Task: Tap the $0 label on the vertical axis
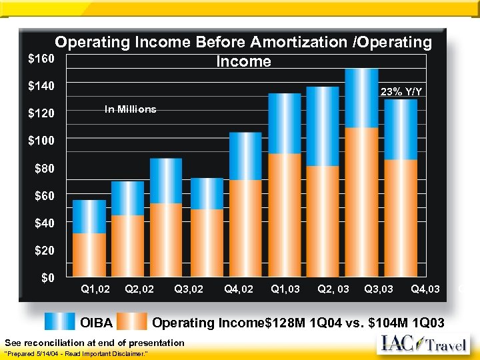pyautogui.click(x=47, y=277)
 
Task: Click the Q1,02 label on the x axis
pyautogui.click(x=95, y=289)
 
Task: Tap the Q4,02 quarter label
pyautogui.click(x=239, y=289)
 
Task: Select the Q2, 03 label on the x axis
pyautogui.click(x=333, y=289)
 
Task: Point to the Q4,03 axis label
pyautogui.click(x=425, y=289)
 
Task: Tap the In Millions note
pyautogui.click(x=130, y=109)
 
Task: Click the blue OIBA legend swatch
pyautogui.click(x=60, y=322)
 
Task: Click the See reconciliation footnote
pyautogui.click(x=94, y=342)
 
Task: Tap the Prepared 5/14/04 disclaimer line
pyautogui.click(x=75, y=352)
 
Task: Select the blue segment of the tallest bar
pyautogui.click(x=362, y=98)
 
